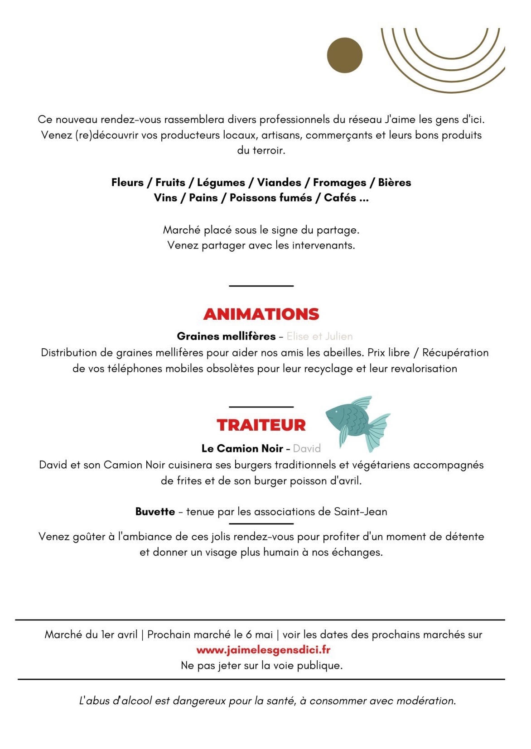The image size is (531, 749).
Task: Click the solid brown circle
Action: (x=344, y=55)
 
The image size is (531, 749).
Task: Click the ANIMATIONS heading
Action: (x=261, y=314)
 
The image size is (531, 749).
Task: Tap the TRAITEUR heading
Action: (x=261, y=425)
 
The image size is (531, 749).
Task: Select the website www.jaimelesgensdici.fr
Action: (x=263, y=650)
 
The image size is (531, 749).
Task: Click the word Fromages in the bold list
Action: (x=339, y=182)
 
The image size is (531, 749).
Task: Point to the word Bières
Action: (x=395, y=182)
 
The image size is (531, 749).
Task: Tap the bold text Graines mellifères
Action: (x=226, y=336)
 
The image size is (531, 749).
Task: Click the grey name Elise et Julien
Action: (x=319, y=336)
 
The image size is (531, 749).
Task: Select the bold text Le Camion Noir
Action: (x=242, y=449)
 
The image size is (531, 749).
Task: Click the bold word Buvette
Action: (x=155, y=512)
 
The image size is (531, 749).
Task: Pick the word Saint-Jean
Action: (x=361, y=512)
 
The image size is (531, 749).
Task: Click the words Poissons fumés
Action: (x=270, y=198)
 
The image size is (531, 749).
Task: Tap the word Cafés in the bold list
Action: (x=340, y=198)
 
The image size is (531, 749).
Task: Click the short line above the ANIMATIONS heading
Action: (x=261, y=286)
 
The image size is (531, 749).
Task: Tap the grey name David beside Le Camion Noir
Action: (x=307, y=449)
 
